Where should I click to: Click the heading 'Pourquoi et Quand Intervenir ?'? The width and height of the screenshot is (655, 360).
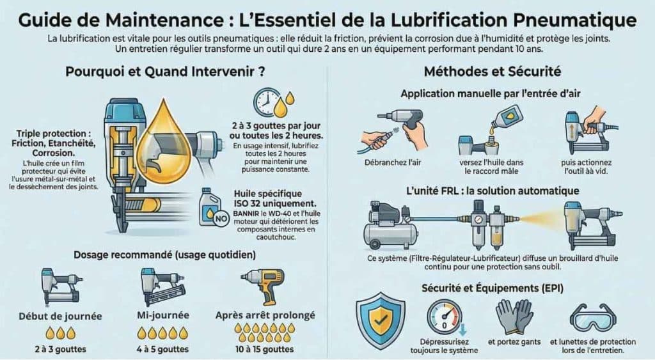166,72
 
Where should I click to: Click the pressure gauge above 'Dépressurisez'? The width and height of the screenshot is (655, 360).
443,317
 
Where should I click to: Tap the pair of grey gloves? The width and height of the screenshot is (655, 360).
514,316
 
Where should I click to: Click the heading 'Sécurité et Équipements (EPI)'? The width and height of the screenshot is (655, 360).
491,288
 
